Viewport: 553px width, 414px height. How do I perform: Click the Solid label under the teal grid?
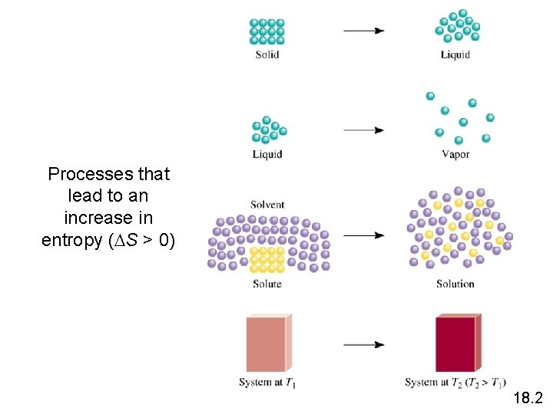pos(267,54)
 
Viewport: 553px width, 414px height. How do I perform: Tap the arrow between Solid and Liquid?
pos(363,31)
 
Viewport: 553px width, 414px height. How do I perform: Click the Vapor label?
pos(455,154)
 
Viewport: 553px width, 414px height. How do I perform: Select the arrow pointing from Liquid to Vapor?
pos(363,130)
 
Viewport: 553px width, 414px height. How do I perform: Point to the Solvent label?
pos(267,205)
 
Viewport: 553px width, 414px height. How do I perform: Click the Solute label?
pos(267,284)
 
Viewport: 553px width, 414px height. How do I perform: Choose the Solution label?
pos(455,284)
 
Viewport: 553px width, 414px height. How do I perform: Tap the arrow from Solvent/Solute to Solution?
pos(363,235)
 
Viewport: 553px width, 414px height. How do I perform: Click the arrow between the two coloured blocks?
pos(363,344)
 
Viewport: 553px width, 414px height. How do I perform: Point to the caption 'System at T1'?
pos(267,383)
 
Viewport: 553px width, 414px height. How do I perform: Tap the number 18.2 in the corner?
pos(527,398)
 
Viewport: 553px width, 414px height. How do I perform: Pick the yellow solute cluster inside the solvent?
pos(268,259)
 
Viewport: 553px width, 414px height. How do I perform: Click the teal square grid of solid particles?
pos(267,31)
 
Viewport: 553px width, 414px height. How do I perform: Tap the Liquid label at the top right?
pos(455,54)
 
